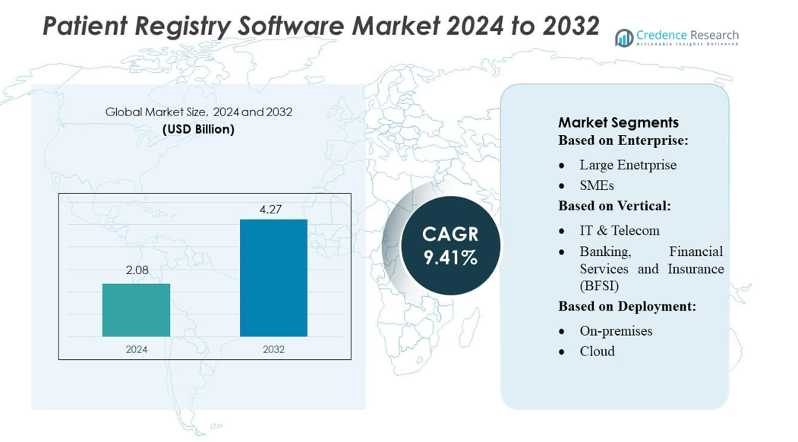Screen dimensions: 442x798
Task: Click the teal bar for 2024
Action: pos(136,310)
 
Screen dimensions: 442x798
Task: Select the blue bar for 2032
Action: pos(273,278)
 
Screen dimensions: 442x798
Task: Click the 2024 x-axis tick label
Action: pos(136,349)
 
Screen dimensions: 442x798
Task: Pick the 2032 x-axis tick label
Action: pos(273,349)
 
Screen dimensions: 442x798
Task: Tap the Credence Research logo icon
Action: pos(624,38)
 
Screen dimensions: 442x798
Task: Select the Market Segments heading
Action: pos(618,122)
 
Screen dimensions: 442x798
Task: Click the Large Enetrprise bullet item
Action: pos(627,165)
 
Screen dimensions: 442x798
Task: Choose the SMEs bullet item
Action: pos(597,185)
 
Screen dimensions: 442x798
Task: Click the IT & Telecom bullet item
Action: pos(619,230)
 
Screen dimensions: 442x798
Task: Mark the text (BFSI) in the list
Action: pos(599,286)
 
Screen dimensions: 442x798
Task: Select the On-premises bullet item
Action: pos(616,330)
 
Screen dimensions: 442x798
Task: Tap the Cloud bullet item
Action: pos(597,351)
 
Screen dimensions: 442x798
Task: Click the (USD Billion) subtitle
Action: pos(198,129)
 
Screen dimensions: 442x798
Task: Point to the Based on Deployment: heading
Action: pos(626,306)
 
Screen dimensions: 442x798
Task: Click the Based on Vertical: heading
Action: pos(614,206)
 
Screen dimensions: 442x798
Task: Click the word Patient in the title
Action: pos(84,26)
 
